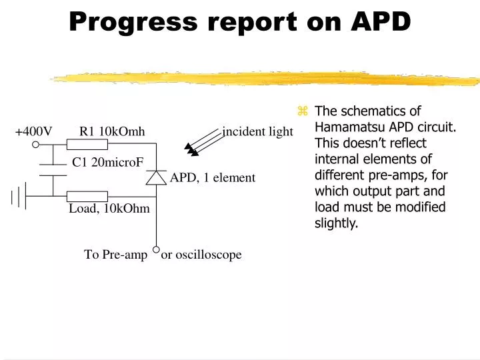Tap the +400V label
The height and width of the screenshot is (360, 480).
34,131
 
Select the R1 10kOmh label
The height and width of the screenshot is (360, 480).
112,131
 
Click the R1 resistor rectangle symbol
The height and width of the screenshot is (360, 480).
87,145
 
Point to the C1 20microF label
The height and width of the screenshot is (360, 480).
107,162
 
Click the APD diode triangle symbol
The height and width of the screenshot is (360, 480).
156,177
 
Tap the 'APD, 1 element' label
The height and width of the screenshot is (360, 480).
213,177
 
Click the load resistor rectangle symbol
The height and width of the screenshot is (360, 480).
87,196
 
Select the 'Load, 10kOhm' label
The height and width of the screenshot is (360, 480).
109,209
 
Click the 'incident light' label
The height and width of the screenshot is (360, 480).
257,131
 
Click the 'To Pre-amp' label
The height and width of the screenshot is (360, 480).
115,255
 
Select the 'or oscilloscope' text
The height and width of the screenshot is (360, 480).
201,255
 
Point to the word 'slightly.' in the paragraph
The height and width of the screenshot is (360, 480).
336,223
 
